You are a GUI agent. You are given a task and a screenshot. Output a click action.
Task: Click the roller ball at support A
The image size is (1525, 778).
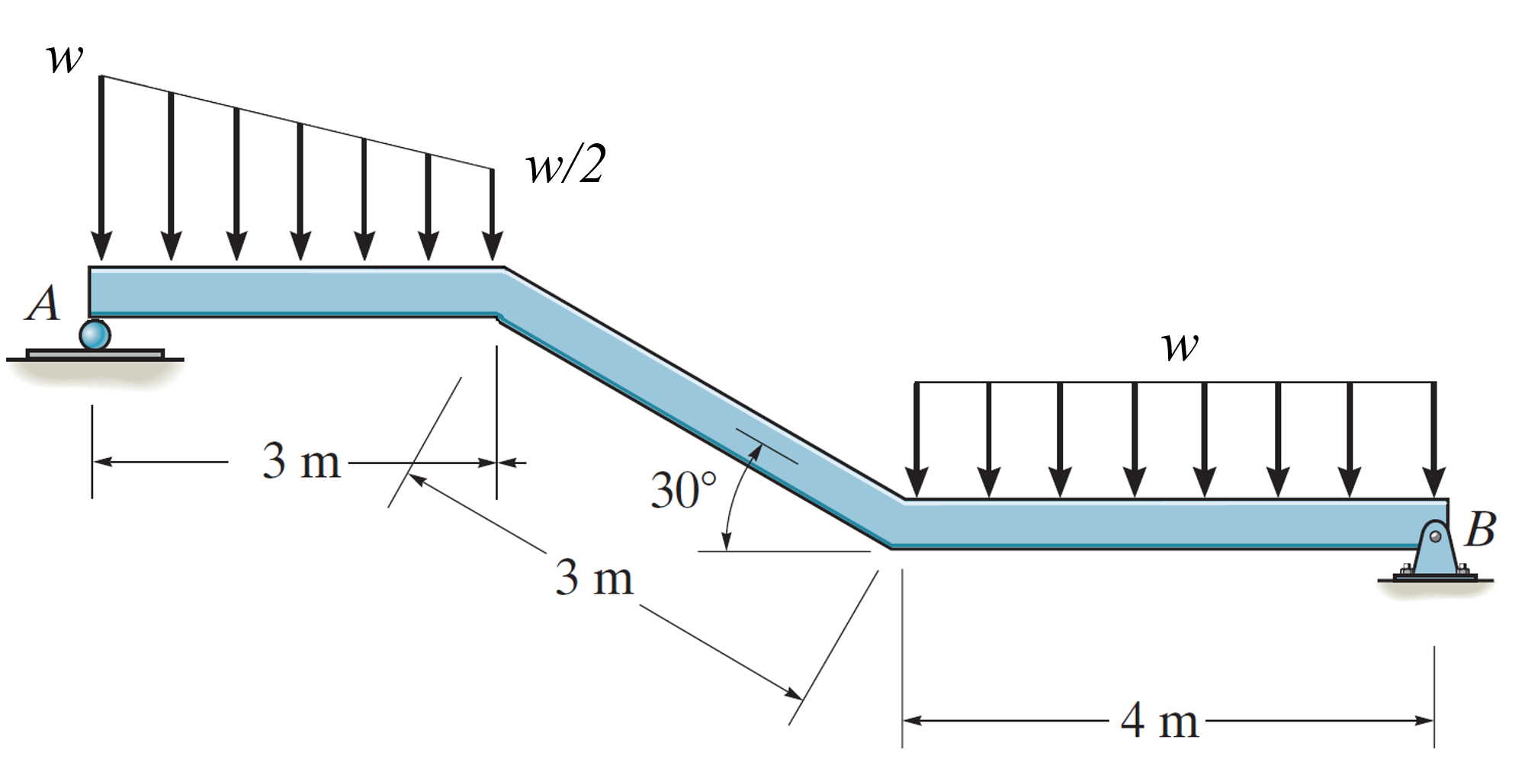pos(95,335)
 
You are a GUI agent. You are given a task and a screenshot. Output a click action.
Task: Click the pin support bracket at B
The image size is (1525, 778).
pos(1434,552)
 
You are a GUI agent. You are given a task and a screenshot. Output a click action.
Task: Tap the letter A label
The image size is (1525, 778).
pos(43,303)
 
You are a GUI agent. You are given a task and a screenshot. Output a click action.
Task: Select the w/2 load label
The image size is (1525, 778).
pos(566,165)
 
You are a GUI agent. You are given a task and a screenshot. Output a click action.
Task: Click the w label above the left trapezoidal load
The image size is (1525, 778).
pos(64,58)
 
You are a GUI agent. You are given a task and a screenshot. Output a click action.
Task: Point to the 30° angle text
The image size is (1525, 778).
pos(683,490)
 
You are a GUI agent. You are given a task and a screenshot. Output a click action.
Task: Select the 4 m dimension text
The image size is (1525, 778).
pos(1159,720)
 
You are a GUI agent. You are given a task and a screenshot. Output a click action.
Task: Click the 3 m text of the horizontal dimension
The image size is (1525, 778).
pos(301,461)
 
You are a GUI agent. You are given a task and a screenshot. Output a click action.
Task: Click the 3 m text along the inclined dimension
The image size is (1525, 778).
pos(594,578)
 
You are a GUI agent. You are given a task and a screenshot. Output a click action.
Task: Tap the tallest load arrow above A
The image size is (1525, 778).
pos(101,168)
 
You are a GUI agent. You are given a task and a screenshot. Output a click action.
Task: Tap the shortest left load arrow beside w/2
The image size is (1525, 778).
pos(493,213)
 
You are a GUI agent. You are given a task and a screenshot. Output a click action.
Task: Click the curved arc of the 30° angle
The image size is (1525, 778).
pos(734,495)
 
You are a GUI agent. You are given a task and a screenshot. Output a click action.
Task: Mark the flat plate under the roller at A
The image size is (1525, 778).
pos(95,354)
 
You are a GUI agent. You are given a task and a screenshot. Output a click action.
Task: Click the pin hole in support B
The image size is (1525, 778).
pos(1436,536)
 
